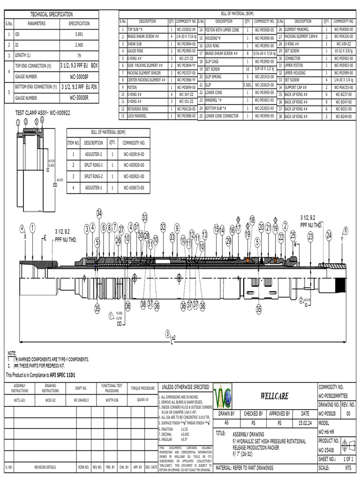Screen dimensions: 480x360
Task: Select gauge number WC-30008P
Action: pos(79,76)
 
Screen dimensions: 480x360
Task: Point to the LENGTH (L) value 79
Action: pos(79,55)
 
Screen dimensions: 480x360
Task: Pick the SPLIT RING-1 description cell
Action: pos(93,165)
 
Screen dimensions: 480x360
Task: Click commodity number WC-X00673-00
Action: pos(134,187)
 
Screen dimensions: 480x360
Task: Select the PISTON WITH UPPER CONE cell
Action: pos(222,30)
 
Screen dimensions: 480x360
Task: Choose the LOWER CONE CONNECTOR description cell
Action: pos(222,116)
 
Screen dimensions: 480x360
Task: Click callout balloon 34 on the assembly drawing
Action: pos(99,213)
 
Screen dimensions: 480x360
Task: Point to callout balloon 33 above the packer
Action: pos(145,217)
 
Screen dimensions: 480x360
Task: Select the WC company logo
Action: pos(222,396)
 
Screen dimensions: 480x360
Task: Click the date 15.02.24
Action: pos(305,423)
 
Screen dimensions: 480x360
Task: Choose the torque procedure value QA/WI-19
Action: pos(142,400)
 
